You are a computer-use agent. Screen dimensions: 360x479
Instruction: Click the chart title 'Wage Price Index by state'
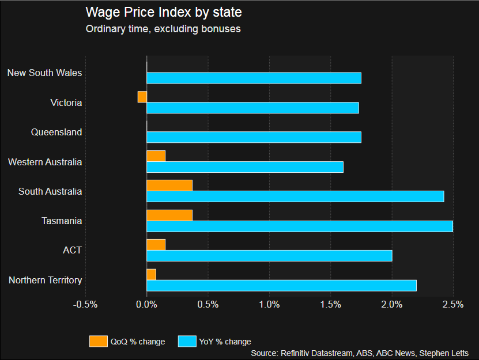[x=164, y=12]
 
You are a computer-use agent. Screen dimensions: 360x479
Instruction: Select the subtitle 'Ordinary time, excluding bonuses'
[x=163, y=28]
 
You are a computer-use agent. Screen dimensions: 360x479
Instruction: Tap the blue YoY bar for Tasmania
[x=300, y=226]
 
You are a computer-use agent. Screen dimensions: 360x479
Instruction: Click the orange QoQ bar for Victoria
[x=142, y=97]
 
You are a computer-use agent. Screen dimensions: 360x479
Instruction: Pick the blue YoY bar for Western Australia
[x=245, y=167]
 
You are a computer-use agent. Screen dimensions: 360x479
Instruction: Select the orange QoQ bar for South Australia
[x=169, y=185]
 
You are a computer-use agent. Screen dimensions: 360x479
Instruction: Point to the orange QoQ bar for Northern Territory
[x=152, y=274]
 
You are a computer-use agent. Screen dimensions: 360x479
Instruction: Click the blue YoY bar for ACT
[x=269, y=256]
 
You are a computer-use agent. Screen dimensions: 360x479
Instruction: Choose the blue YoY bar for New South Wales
[x=254, y=78]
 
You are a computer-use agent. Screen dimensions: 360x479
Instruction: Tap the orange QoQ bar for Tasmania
[x=169, y=215]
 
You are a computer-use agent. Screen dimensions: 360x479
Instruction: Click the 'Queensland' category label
[x=56, y=132]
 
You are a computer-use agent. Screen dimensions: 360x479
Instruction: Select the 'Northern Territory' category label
[x=46, y=281]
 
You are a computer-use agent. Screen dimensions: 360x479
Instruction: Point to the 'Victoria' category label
[x=66, y=103]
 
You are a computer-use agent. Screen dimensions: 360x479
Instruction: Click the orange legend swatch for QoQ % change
[x=99, y=342]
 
